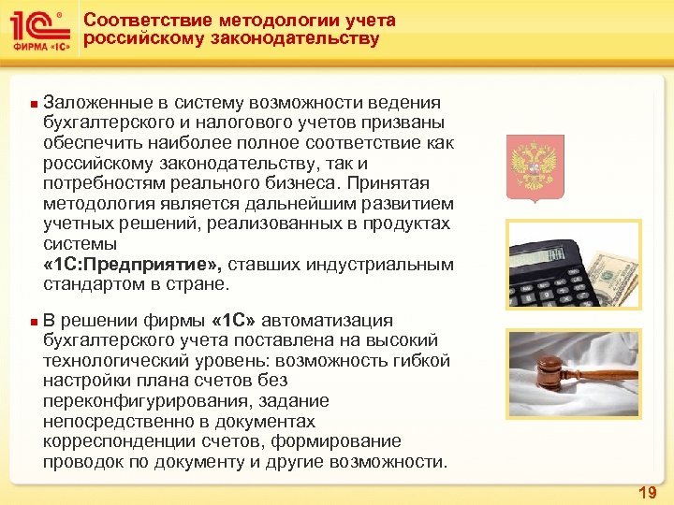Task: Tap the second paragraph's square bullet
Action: (x=34, y=322)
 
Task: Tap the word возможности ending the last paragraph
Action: (x=393, y=461)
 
